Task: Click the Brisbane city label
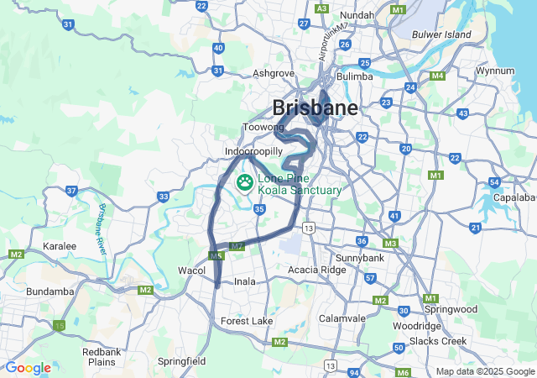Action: (x=315, y=108)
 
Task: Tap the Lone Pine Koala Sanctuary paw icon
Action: (x=245, y=181)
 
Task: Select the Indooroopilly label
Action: (x=253, y=152)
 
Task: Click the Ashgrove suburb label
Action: (x=273, y=73)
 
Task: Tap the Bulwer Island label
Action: (x=443, y=34)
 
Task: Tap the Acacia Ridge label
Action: (x=316, y=270)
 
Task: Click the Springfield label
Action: (x=182, y=361)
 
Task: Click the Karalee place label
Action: (x=60, y=246)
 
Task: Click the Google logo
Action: (x=28, y=368)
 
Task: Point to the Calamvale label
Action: (x=342, y=318)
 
